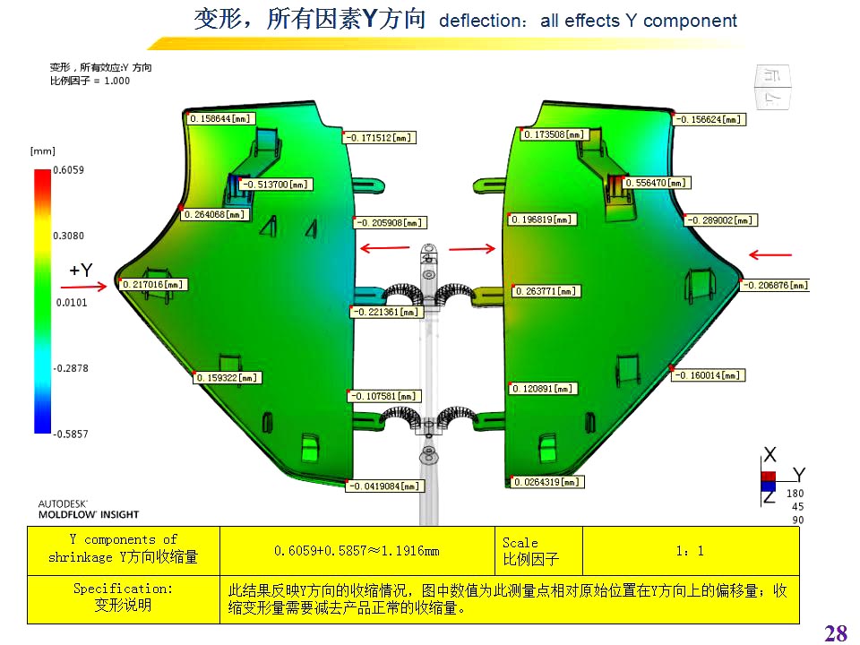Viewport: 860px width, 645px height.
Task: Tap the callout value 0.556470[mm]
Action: (x=658, y=183)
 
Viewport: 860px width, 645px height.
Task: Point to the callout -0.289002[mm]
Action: (x=720, y=219)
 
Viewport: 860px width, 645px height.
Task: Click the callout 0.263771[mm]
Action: (x=546, y=291)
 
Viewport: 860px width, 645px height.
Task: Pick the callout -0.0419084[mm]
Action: (x=385, y=486)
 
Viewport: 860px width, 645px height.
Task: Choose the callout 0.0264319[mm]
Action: (x=548, y=482)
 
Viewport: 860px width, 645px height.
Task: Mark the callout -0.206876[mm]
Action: (x=775, y=286)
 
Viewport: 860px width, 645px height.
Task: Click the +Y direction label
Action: (x=81, y=270)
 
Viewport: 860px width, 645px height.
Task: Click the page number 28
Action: (x=835, y=634)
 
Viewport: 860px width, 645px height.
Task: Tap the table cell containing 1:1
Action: (x=690, y=550)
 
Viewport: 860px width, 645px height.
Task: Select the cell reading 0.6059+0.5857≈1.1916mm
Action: (x=357, y=550)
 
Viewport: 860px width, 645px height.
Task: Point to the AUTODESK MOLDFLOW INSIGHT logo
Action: (x=88, y=509)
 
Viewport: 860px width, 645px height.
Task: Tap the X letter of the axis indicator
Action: (x=770, y=454)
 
